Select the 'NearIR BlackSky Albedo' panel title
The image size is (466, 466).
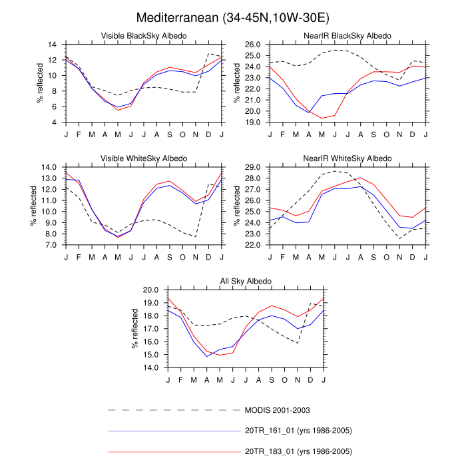(348, 35)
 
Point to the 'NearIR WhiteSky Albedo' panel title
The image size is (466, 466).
(348, 158)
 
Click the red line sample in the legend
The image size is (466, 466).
(173, 451)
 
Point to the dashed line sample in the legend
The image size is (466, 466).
(173, 410)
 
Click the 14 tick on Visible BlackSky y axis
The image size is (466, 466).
(51, 44)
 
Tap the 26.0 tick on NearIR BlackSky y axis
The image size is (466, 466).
(252, 44)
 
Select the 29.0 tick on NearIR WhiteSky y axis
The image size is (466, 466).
(252, 167)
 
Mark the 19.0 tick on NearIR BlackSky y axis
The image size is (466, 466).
(252, 122)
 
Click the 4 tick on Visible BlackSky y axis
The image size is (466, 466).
(53, 122)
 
